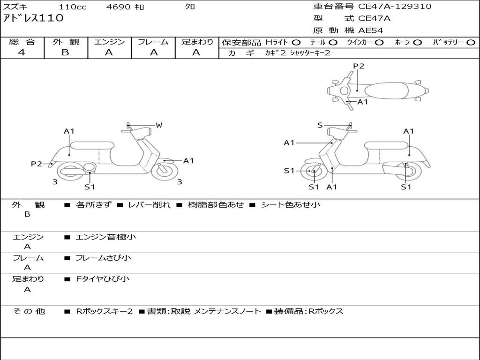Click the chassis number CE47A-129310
395,7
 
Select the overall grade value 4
22,52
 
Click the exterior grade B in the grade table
65,52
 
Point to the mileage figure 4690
118,7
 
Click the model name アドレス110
33,18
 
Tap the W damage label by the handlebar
158,125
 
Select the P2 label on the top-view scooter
359,66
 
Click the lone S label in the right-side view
320,125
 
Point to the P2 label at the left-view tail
37,164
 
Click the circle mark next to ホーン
417,43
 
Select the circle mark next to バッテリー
471,43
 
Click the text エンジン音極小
105,237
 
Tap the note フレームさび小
103,258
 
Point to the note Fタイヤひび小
103,279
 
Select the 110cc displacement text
73,7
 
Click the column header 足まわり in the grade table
197,42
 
